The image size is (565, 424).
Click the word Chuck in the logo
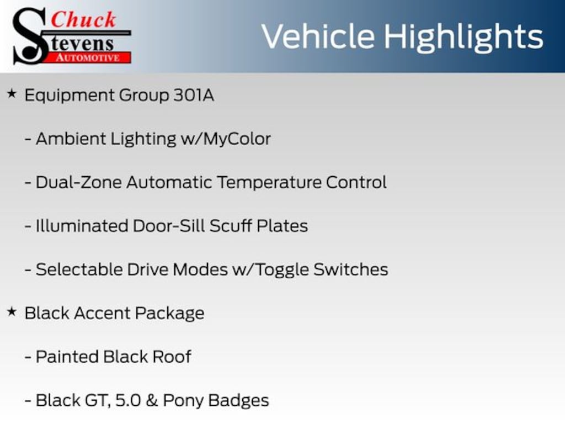83,19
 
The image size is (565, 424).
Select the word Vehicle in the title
318,36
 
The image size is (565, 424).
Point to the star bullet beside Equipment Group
12,94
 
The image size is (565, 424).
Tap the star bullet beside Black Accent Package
12,311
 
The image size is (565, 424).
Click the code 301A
194,95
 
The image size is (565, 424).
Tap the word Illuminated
82,226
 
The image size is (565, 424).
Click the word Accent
103,314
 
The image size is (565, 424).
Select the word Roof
172,357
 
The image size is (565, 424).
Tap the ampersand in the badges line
152,401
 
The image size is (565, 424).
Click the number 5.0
128,401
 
